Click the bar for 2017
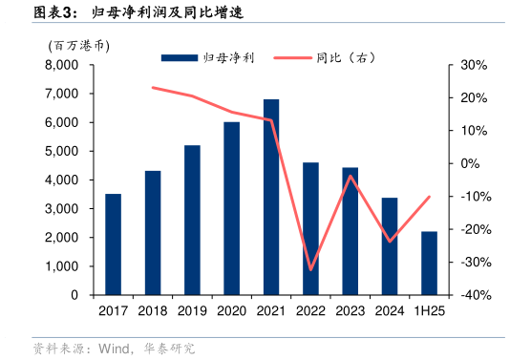tap(113, 244)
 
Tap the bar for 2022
tap(310, 228)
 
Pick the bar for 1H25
tap(429, 263)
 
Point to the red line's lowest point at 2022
tap(310, 269)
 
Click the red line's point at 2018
tap(153, 87)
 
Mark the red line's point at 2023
tap(351, 176)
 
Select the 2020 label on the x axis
tap(231, 310)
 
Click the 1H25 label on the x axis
tap(429, 310)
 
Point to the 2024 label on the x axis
tap(390, 310)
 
